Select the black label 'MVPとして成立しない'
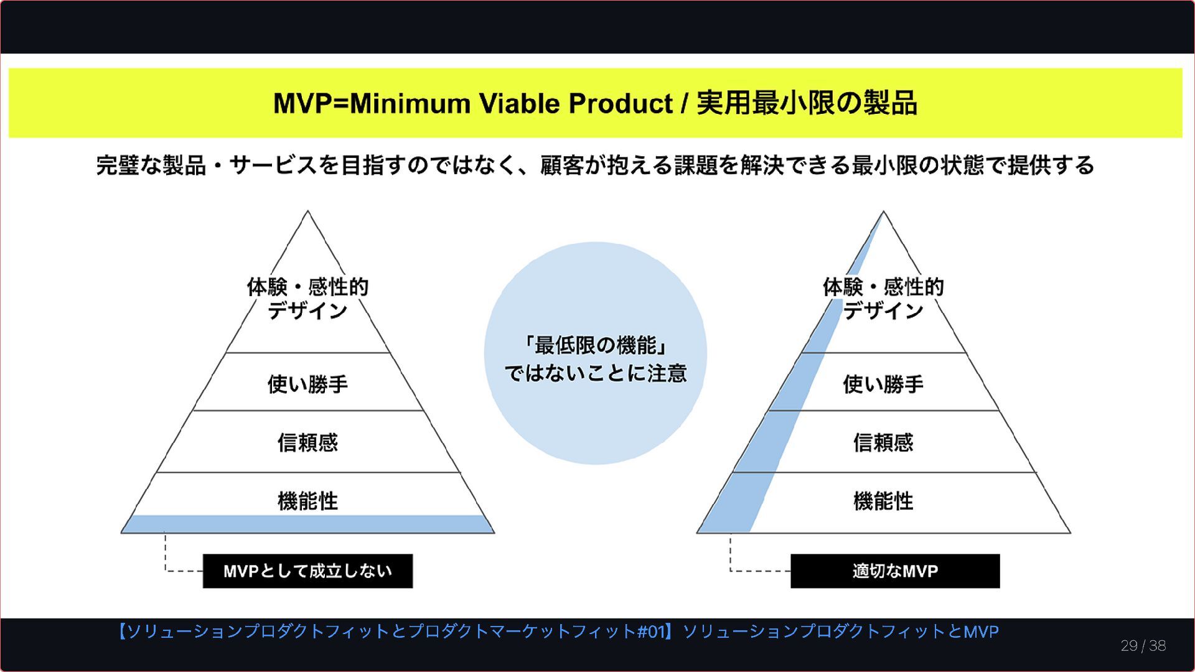[307, 571]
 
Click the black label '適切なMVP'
[895, 571]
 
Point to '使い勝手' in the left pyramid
[307, 384]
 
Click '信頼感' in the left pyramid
[307, 442]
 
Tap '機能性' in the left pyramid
[307, 501]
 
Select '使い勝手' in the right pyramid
[883, 384]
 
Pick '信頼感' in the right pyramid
[883, 442]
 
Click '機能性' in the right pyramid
[883, 501]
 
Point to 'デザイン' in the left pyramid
[307, 310]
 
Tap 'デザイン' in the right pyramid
[883, 310]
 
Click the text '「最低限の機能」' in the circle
[595, 345]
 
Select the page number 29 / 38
[1143, 646]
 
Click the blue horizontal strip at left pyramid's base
[307, 525]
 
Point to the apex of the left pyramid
[307, 213]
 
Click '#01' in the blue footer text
[652, 632]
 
